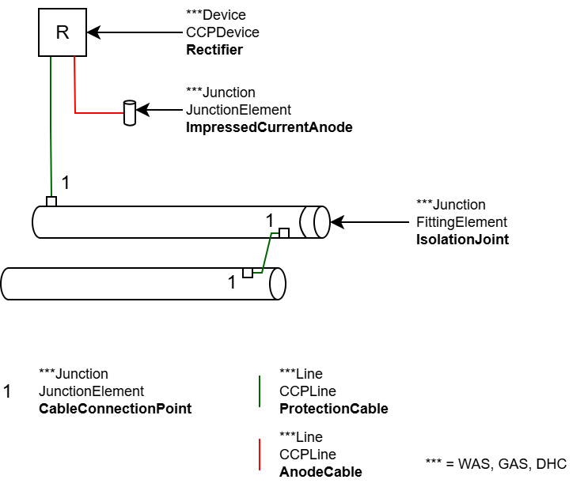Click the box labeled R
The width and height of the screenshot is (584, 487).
coord(62,32)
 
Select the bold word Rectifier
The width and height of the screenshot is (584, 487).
coord(214,50)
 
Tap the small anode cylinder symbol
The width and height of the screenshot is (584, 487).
coord(129,113)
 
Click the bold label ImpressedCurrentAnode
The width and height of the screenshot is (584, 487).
coord(269,127)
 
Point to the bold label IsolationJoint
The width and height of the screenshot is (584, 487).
coord(462,240)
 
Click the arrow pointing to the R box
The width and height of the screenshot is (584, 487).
coord(135,32)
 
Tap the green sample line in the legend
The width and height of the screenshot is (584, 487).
coord(260,391)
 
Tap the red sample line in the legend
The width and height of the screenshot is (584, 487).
coord(260,454)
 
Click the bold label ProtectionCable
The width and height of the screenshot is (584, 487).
coord(333,409)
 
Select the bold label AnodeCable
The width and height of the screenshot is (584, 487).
coord(320,472)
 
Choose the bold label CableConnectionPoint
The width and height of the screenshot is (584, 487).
coord(115,409)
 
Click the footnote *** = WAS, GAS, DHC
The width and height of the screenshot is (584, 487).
coord(496,463)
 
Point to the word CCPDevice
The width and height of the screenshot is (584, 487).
coord(222,32)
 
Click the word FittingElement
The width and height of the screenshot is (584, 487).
coord(461,222)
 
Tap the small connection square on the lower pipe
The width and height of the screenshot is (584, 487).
coord(248,273)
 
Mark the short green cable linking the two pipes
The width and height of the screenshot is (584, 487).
coord(267,253)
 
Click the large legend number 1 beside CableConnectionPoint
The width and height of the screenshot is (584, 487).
coord(8,391)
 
